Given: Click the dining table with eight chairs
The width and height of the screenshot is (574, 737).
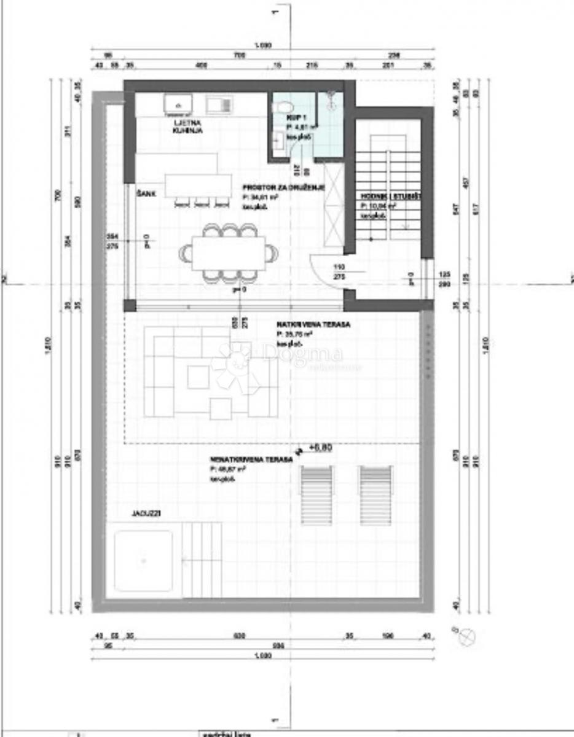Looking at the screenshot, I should (227, 254).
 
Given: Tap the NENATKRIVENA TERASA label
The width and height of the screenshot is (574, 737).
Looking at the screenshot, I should (250, 459).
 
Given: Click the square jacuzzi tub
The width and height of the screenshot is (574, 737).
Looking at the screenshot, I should (144, 561).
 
